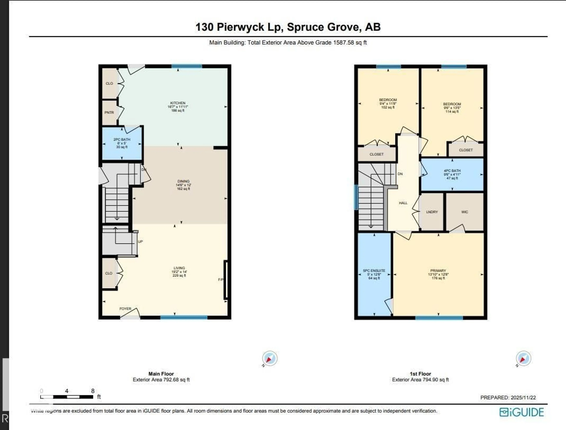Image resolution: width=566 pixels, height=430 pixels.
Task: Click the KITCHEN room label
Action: pos(178,103)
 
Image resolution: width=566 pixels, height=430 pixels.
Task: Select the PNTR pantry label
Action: pos(109,112)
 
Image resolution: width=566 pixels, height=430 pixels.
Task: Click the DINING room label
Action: pos(183,181)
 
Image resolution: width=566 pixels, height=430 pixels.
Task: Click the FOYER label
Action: pos(125,309)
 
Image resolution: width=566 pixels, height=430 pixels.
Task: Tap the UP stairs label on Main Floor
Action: pos(140,241)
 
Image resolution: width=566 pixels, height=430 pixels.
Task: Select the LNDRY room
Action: pos(432,212)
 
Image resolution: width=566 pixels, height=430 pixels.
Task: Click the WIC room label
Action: pos(465,212)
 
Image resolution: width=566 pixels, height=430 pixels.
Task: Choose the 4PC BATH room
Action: pos(452,174)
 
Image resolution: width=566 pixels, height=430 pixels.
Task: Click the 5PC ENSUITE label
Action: pos(374,271)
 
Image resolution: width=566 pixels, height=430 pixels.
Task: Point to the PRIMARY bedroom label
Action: pos(438,271)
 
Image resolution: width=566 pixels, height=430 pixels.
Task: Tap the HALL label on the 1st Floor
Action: pos(403,203)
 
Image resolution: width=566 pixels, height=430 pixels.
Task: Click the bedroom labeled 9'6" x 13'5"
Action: pos(452,108)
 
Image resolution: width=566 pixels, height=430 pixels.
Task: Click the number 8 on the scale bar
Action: pos(93,391)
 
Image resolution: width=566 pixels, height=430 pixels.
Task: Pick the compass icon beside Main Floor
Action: pos(270,358)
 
